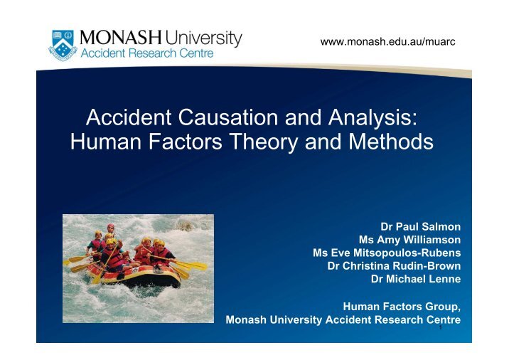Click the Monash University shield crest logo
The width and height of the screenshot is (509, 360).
pyautogui.click(x=63, y=45)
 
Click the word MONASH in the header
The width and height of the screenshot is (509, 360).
pyautogui.click(x=121, y=38)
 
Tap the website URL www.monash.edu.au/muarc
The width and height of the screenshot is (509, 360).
pyautogui.click(x=387, y=41)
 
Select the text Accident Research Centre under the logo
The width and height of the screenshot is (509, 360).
pyautogui.click(x=147, y=53)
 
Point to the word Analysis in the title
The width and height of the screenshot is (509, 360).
pyautogui.click(x=373, y=117)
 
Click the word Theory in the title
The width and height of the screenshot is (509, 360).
pyautogui.click(x=264, y=142)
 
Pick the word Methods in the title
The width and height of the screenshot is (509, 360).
pyautogui.click(x=391, y=142)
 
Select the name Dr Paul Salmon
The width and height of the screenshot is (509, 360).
pyautogui.click(x=420, y=226)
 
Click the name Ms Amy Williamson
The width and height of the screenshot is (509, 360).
pyautogui.click(x=409, y=240)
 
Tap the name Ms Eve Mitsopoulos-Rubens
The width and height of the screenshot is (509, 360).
pyautogui.click(x=387, y=253)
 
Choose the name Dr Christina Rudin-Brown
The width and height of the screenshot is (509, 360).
pyautogui.click(x=394, y=266)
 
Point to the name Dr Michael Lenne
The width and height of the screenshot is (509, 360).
pyautogui.click(x=416, y=279)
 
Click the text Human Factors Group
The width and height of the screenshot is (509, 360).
pyautogui.click(x=402, y=307)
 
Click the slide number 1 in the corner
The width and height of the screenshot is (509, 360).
pyautogui.click(x=441, y=327)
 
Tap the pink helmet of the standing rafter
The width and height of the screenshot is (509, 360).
pyautogui.click(x=111, y=226)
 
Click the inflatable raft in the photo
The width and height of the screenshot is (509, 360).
pyautogui.click(x=134, y=275)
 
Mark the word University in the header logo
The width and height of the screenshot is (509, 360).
pyautogui.click(x=203, y=38)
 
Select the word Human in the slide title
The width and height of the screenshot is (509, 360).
pyautogui.click(x=106, y=142)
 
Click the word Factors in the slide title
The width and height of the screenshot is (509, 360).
pyautogui.click(x=186, y=142)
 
